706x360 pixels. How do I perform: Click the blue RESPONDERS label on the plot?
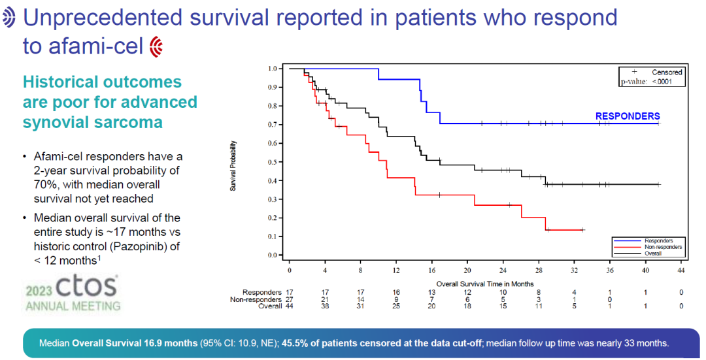(x=627, y=116)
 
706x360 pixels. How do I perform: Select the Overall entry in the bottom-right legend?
(x=654, y=253)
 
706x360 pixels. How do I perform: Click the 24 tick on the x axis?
(x=503, y=269)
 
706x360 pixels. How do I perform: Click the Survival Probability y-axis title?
(x=233, y=165)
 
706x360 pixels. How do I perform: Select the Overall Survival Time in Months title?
(x=485, y=284)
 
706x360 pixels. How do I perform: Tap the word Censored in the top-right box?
(x=666, y=72)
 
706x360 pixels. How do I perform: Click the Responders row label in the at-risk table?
(x=261, y=292)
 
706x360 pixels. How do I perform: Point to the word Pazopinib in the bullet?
(x=144, y=246)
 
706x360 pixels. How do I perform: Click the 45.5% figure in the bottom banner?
(x=296, y=343)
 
